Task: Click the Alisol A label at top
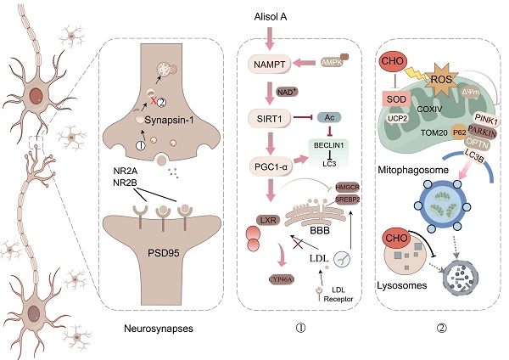pos(271,16)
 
